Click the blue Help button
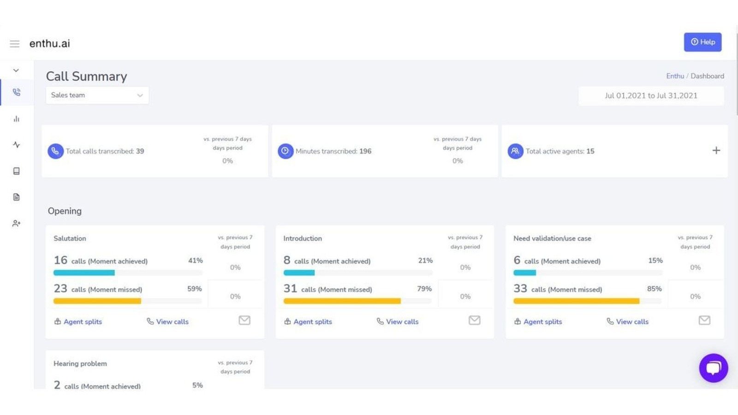[x=702, y=42]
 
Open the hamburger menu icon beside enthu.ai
[x=15, y=44]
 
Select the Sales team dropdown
[x=97, y=95]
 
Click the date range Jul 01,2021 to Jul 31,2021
[x=651, y=96]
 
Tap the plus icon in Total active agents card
[x=716, y=150]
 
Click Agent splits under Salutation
[x=78, y=322]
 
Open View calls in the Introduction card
[x=398, y=322]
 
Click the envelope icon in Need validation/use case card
[x=704, y=320]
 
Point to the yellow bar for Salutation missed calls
[x=97, y=301]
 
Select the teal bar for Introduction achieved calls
[x=299, y=273]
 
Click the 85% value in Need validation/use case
[x=654, y=289]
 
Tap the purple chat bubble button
[x=713, y=368]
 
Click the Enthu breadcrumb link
[x=675, y=76]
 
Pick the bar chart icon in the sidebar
[x=17, y=119]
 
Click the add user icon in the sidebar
[x=17, y=224]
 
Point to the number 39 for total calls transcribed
[x=140, y=151]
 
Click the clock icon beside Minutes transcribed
[x=286, y=151]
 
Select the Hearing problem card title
[x=80, y=363]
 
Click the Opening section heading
[x=65, y=211]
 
